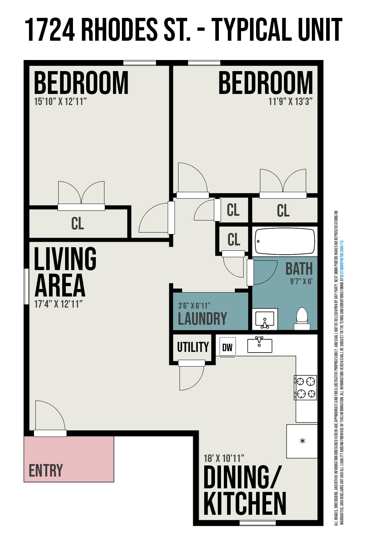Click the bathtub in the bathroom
point(285,241)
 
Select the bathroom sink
point(265,319)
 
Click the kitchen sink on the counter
point(260,345)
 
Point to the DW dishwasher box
point(227,347)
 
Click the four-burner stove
point(305,387)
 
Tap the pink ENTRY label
point(46,470)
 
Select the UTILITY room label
point(193,347)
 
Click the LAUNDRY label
point(202,319)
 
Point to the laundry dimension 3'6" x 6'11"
point(194,306)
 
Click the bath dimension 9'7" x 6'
point(301,282)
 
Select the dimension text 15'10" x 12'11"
point(60,101)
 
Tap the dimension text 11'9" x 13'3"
point(290,101)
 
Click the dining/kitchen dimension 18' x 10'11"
point(224,458)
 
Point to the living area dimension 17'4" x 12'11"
point(58,304)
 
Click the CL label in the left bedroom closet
point(77,223)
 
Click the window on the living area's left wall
point(26,286)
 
